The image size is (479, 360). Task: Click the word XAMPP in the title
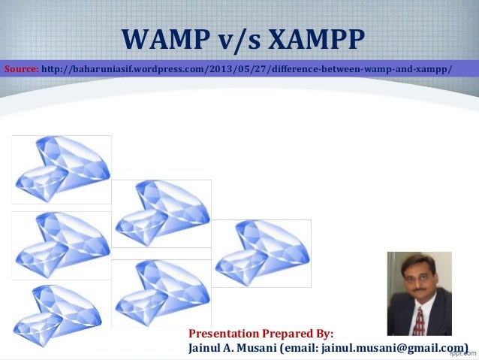(x=314, y=38)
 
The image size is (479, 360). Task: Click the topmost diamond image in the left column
(x=62, y=169)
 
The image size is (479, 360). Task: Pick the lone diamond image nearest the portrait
(x=261, y=253)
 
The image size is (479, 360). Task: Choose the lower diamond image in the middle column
(x=161, y=293)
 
